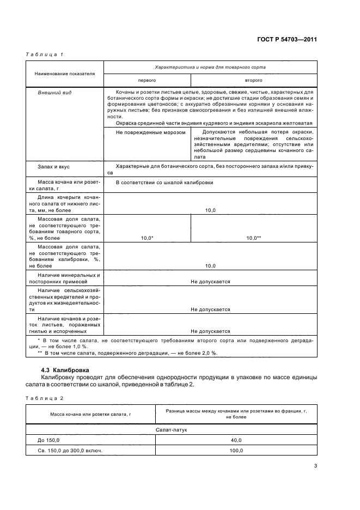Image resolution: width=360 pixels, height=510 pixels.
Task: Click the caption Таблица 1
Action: pyautogui.click(x=45, y=54)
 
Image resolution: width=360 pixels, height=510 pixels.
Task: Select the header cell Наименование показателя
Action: pyautogui.click(x=65, y=73)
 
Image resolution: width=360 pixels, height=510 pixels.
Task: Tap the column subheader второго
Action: pyautogui.click(x=254, y=80)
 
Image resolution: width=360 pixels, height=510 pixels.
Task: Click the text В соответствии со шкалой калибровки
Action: pyautogui.click(x=164, y=183)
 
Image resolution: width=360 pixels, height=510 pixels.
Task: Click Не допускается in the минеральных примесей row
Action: pyautogui.click(x=210, y=282)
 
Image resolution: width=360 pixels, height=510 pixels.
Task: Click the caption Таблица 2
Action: pyautogui.click(x=45, y=398)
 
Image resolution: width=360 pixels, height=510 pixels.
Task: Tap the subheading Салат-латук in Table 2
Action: pyautogui.click(x=210, y=429)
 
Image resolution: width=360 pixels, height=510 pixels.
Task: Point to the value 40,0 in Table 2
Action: pyautogui.click(x=236, y=440)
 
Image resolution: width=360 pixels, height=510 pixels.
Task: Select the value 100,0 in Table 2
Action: pyautogui.click(x=236, y=451)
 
